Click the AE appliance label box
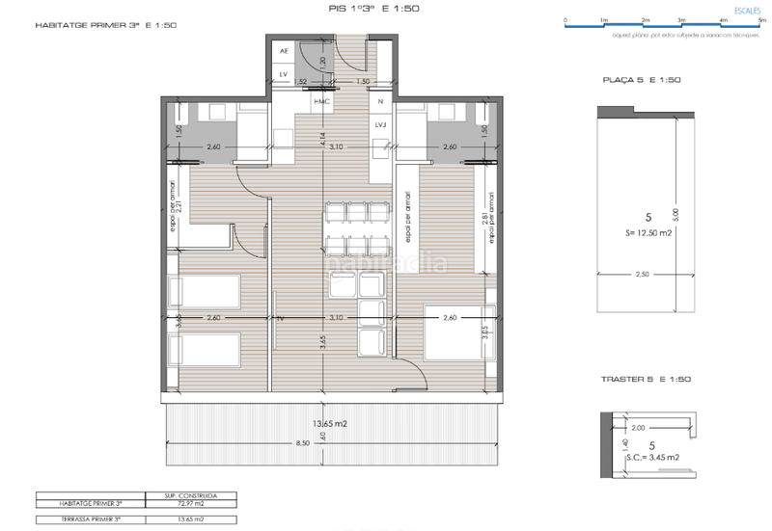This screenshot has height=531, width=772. [284, 50]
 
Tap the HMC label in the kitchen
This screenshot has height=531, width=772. [321, 100]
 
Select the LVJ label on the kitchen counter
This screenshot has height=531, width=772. [380, 125]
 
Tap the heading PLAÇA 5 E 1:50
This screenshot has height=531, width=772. [642, 80]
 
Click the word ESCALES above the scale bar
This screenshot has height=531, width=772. [747, 8]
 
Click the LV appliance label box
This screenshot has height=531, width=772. [284, 73]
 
